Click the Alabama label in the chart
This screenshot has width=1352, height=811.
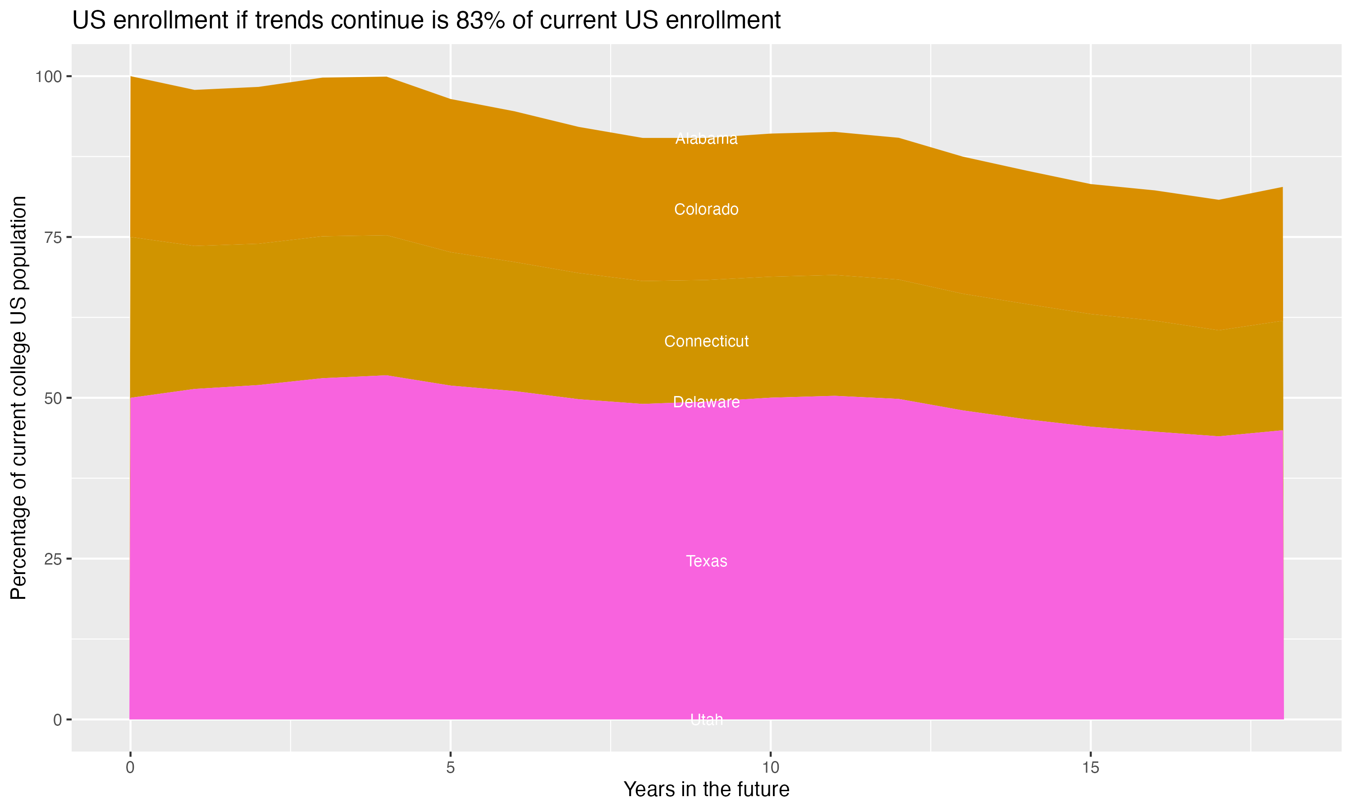coord(706,139)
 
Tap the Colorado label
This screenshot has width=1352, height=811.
coord(706,210)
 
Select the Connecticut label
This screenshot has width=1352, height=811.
coord(706,341)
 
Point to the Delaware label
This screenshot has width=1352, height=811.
coord(706,402)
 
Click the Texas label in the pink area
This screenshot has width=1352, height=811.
coord(706,561)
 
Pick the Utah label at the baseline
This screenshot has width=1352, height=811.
coord(706,720)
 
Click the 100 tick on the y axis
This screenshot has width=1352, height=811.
coord(48,77)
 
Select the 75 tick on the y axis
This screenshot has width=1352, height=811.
coord(52,237)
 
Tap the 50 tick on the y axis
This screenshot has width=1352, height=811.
coord(52,398)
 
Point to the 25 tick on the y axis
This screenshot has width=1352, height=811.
coord(52,559)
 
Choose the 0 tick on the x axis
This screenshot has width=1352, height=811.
coord(130,768)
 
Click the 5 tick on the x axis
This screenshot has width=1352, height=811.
coord(450,768)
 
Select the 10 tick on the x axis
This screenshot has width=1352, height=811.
coord(770,768)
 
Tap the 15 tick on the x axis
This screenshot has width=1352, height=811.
coord(1090,768)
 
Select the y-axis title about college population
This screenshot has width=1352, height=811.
coord(18,397)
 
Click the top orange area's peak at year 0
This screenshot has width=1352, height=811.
coord(131,77)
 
